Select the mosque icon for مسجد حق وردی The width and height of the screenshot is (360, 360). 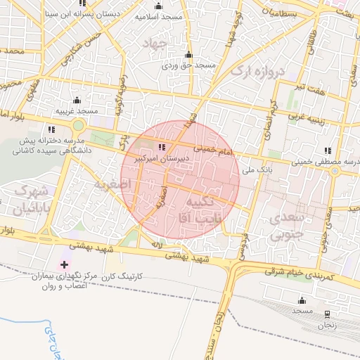coord(188,55)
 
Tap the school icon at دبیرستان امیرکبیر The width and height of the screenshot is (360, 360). coord(162,147)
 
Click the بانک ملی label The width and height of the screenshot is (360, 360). coord(257,169)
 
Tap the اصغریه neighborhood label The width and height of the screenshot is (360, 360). coord(108,185)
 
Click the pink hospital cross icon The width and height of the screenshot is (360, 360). coord(65,265)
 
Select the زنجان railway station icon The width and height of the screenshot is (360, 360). coord(327,313)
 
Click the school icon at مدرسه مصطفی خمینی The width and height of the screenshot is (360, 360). coord(328,150)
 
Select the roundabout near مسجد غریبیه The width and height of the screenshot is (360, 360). coord(78,126)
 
